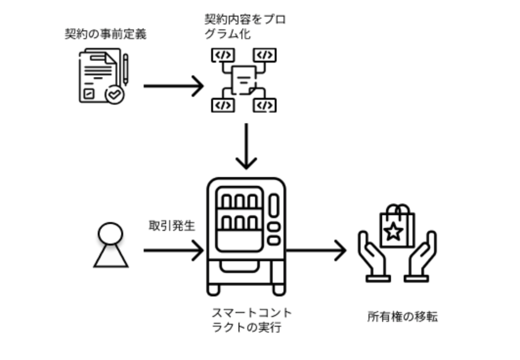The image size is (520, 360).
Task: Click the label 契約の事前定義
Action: coord(106,34)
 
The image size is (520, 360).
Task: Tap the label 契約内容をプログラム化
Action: coord(245,27)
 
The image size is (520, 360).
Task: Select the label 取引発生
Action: coord(172,226)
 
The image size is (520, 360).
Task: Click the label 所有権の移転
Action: coord(402,317)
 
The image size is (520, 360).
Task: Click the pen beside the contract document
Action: coord(126,69)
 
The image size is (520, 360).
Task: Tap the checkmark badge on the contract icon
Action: coord(115,94)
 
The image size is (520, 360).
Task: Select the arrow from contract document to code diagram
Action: coord(173,86)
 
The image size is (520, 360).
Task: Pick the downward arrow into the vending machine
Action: coord(246,146)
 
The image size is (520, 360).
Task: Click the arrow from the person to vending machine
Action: coord(173,250)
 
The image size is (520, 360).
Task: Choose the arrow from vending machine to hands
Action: coord(316,250)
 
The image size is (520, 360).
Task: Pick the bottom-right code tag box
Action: coord(264,105)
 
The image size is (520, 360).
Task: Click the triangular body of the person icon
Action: coord(110,256)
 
